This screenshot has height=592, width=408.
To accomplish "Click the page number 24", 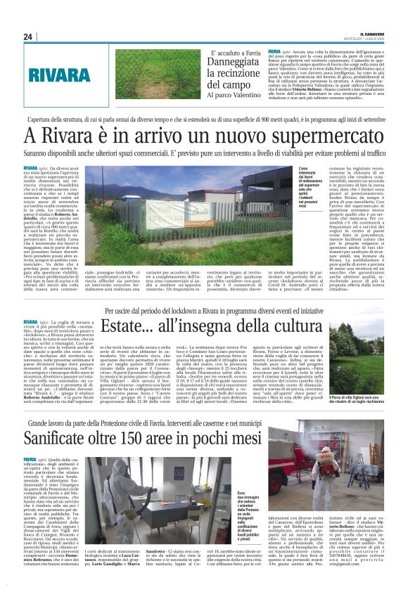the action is [x=28, y=37].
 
